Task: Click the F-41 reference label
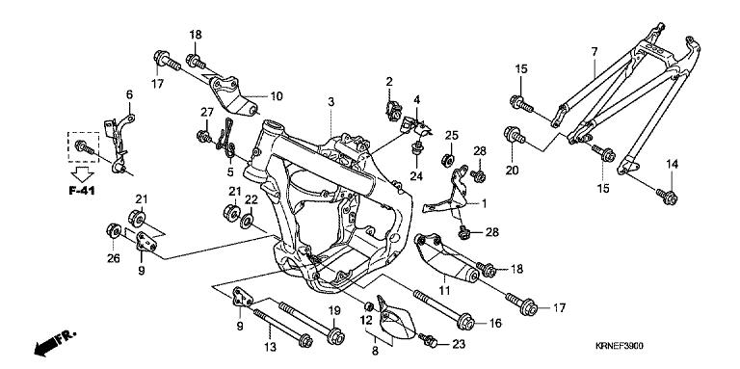[x=82, y=191]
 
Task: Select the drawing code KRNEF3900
[x=619, y=346]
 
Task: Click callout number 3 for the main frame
[x=331, y=101]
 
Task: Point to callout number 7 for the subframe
[x=595, y=51]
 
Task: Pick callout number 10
[x=277, y=96]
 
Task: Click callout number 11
[x=444, y=290]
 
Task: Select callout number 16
[x=495, y=323]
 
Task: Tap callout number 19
[x=334, y=310]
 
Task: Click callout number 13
[x=270, y=348]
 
